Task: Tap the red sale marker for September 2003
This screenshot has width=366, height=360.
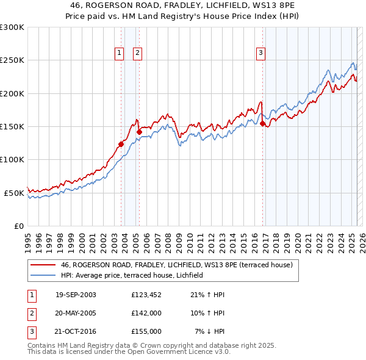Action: [121, 144]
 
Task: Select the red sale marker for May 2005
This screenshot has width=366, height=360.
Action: [139, 132]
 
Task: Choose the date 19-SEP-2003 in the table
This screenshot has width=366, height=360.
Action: [76, 295]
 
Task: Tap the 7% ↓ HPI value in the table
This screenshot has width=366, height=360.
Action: [210, 331]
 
